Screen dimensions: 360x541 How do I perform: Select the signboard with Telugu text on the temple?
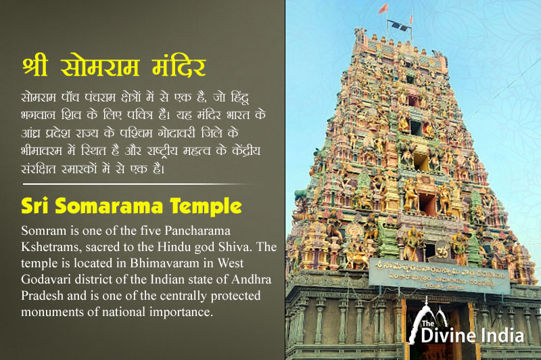tap(439, 274)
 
